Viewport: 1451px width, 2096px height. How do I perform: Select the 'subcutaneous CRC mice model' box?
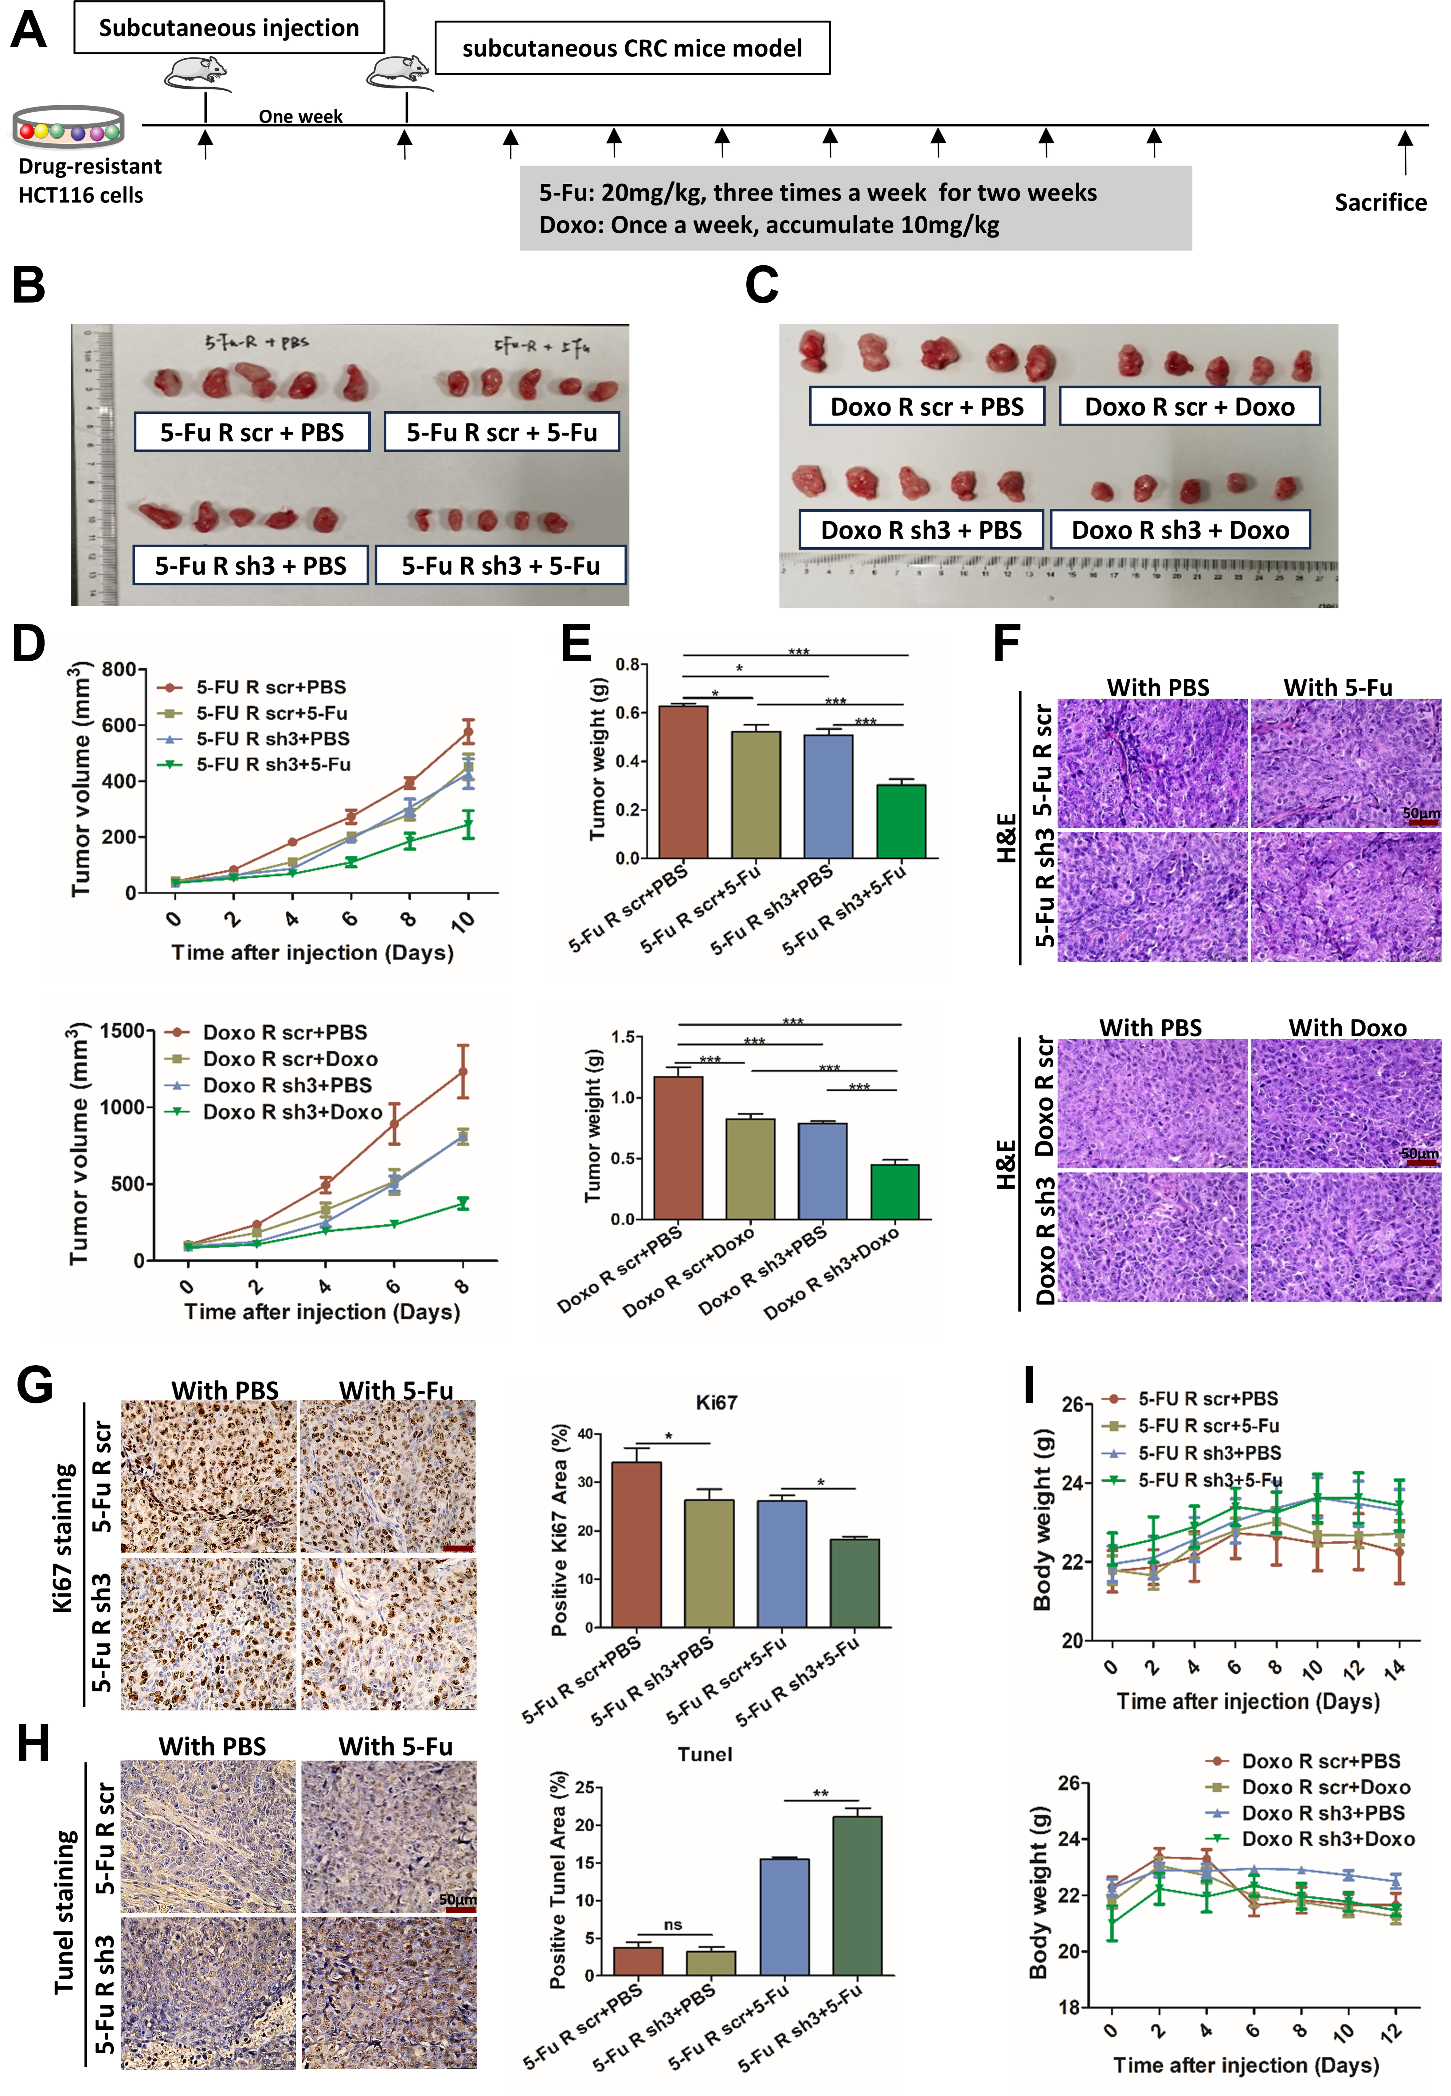(x=632, y=48)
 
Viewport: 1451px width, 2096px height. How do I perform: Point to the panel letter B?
(x=29, y=284)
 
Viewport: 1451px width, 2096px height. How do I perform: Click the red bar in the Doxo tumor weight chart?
(x=678, y=1147)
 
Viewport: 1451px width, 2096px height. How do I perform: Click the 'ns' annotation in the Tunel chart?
(x=673, y=1924)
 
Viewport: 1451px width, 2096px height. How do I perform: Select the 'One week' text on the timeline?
(x=300, y=116)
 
